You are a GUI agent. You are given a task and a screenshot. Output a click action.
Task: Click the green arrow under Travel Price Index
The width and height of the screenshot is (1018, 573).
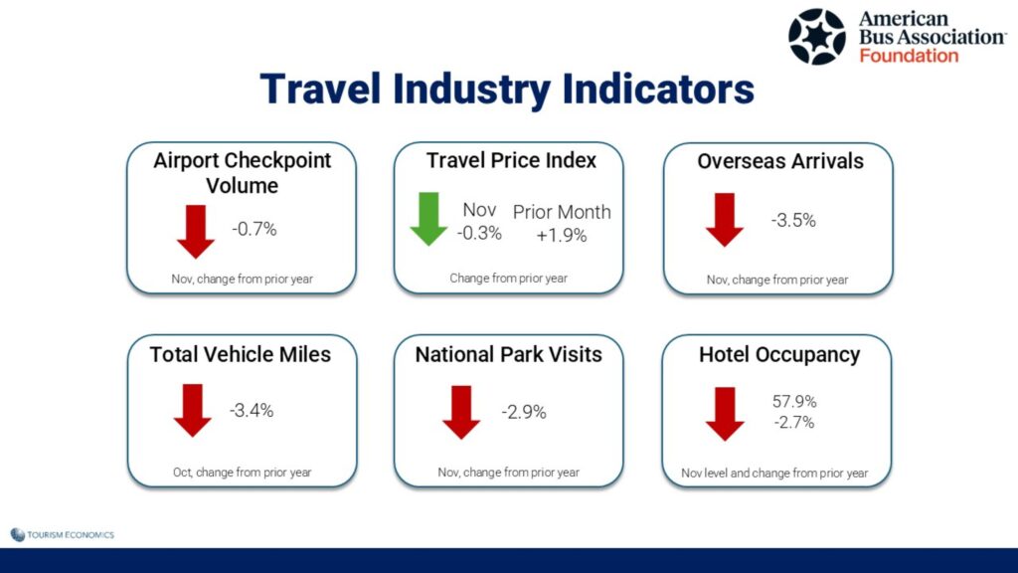click(428, 219)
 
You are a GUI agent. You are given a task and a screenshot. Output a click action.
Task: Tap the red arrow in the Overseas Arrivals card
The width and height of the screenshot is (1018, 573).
click(725, 220)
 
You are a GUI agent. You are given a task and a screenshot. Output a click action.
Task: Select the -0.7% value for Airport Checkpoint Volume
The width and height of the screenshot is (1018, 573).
click(254, 229)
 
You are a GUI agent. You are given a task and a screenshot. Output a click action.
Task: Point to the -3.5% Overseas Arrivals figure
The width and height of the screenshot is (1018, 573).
click(793, 220)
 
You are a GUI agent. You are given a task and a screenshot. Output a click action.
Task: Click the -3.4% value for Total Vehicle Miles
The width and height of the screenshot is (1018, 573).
click(252, 411)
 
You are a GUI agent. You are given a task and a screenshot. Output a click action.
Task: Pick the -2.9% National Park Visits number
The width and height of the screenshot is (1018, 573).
click(524, 412)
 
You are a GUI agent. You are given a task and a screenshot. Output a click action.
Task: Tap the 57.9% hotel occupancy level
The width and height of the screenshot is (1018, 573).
click(794, 402)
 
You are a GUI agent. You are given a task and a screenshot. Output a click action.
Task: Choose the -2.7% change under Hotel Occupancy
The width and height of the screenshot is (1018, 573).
click(794, 422)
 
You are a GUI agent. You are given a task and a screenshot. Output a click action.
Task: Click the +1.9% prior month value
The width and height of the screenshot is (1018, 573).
click(562, 235)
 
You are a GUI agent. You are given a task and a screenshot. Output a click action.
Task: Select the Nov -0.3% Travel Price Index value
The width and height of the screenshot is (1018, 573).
click(479, 221)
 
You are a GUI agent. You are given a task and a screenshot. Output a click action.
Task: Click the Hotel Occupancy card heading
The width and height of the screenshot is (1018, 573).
click(779, 355)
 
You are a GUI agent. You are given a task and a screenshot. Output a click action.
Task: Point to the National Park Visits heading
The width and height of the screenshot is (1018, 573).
click(508, 355)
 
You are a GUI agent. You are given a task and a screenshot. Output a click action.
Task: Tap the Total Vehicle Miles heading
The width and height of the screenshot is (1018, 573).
click(241, 355)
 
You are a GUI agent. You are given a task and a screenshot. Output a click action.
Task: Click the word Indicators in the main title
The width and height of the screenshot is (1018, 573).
click(658, 89)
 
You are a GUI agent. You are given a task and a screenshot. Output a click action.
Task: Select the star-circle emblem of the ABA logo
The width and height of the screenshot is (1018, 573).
click(817, 37)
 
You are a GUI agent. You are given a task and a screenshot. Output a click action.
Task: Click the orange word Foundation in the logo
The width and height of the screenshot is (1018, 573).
click(909, 56)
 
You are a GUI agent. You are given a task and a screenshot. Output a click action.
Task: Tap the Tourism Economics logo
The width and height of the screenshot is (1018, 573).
click(63, 534)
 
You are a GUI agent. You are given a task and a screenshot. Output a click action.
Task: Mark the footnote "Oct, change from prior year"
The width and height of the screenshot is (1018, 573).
click(243, 473)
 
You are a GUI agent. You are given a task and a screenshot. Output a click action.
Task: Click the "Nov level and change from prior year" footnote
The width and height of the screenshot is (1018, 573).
click(774, 473)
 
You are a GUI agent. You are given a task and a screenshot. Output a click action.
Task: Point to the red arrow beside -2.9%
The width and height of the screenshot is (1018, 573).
click(461, 413)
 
